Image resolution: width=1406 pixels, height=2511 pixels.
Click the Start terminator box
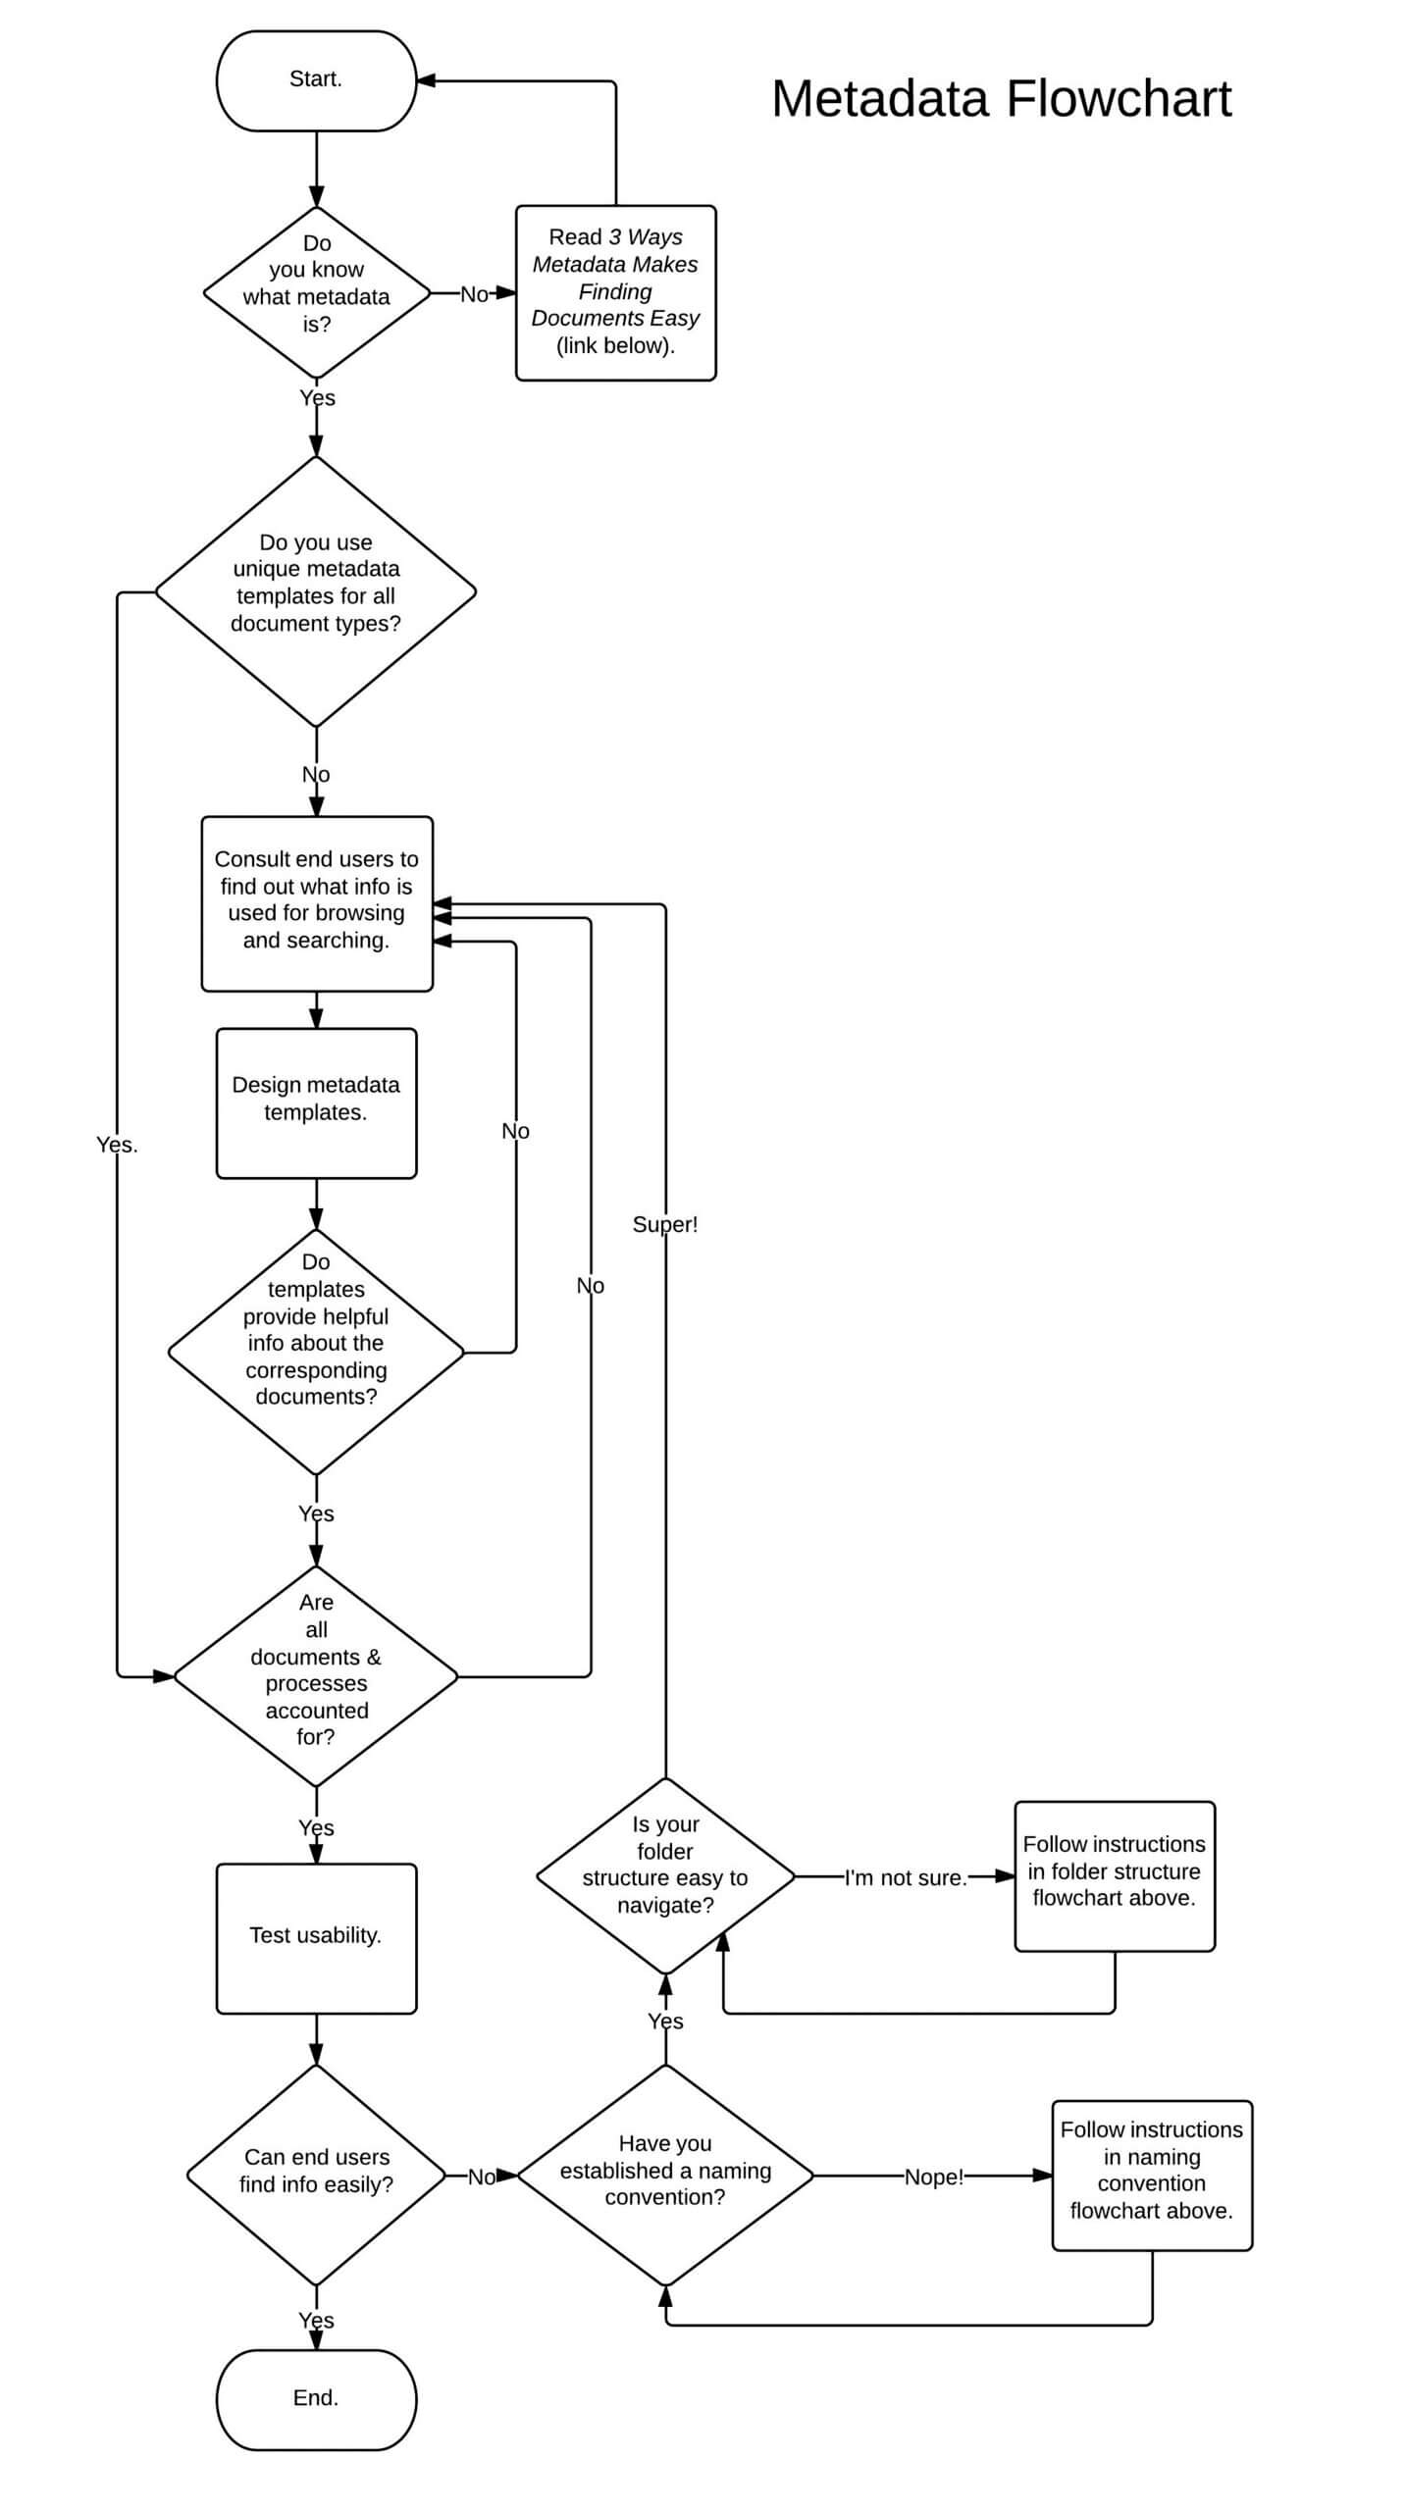click(x=316, y=80)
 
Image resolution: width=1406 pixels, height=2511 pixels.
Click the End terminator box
click(x=316, y=2398)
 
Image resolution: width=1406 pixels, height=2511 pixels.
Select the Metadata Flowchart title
click(x=1000, y=99)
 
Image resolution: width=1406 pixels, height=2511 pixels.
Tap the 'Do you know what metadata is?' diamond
click(x=316, y=292)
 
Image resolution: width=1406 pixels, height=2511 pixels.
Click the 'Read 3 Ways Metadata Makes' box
click(x=615, y=292)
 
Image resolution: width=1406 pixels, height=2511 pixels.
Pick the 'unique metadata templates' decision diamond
click(x=316, y=591)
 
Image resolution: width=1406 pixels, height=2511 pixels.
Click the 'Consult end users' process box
click(x=316, y=902)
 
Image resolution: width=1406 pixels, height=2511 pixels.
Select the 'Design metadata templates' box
click(x=316, y=1102)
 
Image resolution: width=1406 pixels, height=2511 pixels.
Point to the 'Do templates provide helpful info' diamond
click(x=316, y=1351)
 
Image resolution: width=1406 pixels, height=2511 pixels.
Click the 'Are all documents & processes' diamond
click(x=316, y=1675)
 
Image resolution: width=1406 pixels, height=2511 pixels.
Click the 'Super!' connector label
click(x=665, y=1224)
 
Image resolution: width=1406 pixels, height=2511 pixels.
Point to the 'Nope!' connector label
click(x=933, y=2176)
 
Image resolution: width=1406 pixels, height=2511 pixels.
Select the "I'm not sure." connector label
click(x=905, y=1877)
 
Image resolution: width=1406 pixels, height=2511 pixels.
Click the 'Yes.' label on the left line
click(x=117, y=1145)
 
